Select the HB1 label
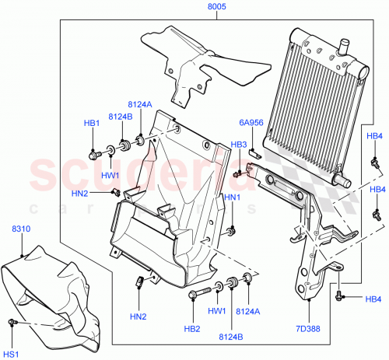(92, 124)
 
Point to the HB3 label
(238, 145)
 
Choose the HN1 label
(233, 199)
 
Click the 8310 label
(21, 229)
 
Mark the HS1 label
(11, 355)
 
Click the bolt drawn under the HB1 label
(93, 154)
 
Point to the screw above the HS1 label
(12, 323)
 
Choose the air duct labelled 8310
(54, 295)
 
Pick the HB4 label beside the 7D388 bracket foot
(373, 300)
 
